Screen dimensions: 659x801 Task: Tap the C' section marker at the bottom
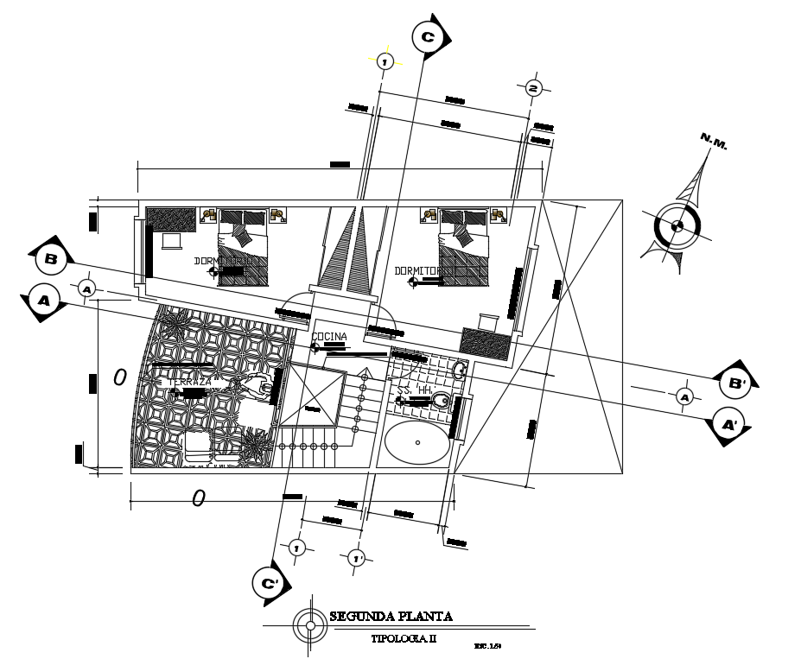pyautogui.click(x=270, y=583)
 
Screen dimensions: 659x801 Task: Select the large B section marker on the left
pyautogui.click(x=51, y=258)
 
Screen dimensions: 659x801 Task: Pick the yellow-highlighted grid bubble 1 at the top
pyautogui.click(x=385, y=60)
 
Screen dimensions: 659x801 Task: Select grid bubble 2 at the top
pyautogui.click(x=533, y=88)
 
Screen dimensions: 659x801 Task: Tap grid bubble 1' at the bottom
pyautogui.click(x=356, y=558)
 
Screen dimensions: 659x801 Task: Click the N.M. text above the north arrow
pyautogui.click(x=714, y=142)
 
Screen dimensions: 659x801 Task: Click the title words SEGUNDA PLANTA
pyautogui.click(x=391, y=616)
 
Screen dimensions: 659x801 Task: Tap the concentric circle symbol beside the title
pyautogui.click(x=307, y=624)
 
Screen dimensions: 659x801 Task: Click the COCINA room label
pyautogui.click(x=329, y=336)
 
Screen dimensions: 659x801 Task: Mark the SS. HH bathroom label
pyautogui.click(x=413, y=390)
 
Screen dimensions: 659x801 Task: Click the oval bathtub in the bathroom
pyautogui.click(x=417, y=442)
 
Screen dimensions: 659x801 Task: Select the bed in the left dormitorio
pyautogui.click(x=244, y=248)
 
